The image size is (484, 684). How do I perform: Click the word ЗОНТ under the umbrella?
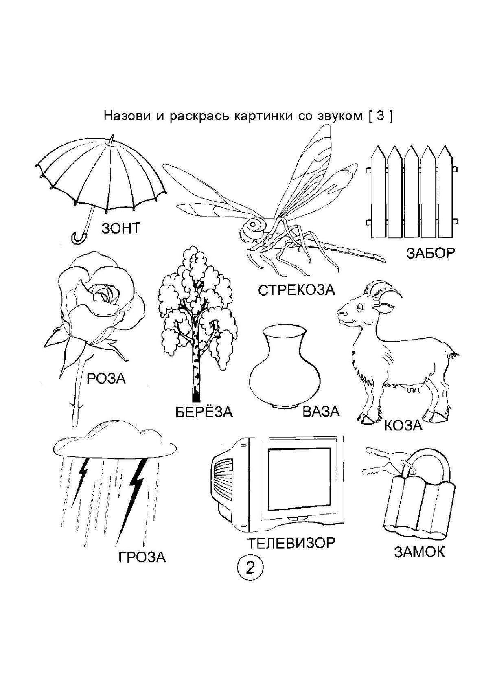120,228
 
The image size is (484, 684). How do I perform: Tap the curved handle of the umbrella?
77,238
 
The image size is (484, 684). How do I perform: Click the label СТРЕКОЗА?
296,290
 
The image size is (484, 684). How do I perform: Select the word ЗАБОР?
430,253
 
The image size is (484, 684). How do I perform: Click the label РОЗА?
106,379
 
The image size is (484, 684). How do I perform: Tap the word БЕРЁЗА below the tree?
204,412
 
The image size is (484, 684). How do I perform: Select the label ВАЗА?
321,411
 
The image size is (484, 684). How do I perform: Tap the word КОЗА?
403,425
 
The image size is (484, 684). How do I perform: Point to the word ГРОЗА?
142,557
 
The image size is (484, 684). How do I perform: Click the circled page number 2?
250,567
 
